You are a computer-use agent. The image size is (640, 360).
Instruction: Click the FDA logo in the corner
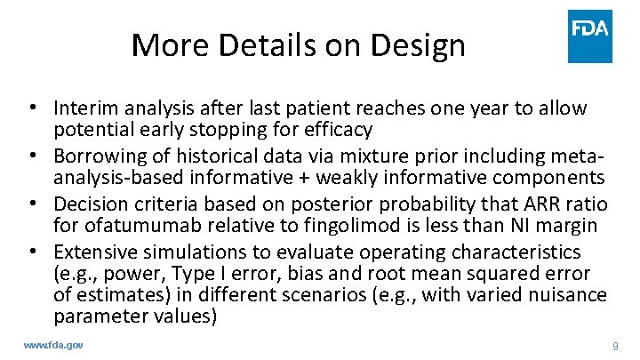click(x=590, y=36)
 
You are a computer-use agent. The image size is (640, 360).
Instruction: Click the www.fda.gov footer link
click(x=52, y=344)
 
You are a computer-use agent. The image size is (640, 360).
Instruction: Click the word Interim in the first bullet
click(x=84, y=108)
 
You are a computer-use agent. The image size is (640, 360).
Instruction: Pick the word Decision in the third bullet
click(x=91, y=212)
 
